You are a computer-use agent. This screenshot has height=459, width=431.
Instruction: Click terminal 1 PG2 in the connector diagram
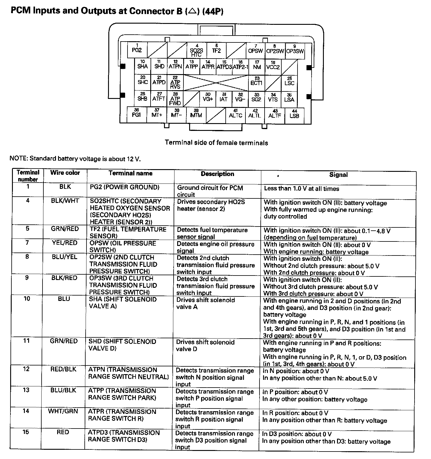(x=137, y=50)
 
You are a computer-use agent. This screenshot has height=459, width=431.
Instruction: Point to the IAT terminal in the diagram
(x=224, y=98)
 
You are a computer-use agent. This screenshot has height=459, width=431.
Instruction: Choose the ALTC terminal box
(x=235, y=115)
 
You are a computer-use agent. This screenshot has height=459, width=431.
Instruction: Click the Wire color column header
(x=65, y=173)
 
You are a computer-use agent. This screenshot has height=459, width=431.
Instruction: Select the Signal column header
(x=338, y=175)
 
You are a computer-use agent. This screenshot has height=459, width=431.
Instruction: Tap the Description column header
(x=217, y=174)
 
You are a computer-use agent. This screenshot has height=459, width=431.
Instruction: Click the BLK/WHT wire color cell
(x=65, y=201)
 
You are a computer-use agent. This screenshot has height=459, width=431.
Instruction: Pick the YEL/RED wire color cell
(x=65, y=243)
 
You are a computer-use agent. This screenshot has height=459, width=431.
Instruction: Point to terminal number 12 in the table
(x=26, y=369)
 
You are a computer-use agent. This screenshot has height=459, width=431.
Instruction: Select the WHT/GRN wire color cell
(x=63, y=411)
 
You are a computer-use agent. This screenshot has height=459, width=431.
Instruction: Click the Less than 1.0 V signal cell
(x=301, y=189)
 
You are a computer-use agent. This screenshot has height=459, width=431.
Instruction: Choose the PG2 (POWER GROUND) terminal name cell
(x=125, y=187)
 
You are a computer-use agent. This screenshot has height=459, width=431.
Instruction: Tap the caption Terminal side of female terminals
(x=216, y=143)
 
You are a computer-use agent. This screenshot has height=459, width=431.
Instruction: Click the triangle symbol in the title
(x=193, y=11)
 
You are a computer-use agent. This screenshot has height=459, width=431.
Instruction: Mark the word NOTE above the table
(x=19, y=158)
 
